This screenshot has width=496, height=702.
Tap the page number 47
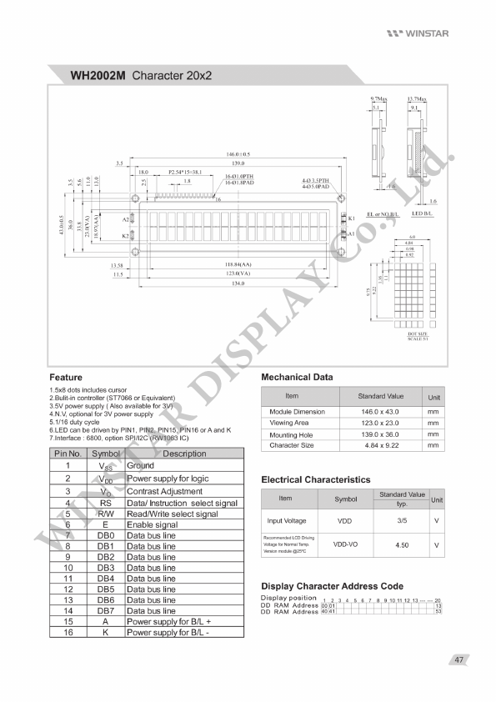click(x=458, y=660)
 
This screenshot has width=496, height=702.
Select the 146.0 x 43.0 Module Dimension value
click(x=380, y=412)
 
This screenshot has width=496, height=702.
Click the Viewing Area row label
click(x=288, y=423)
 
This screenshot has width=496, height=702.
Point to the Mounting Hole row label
click(x=291, y=434)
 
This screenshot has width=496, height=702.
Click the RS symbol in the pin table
click(x=106, y=504)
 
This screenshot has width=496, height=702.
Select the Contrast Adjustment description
click(x=164, y=492)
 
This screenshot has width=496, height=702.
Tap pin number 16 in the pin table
click(x=68, y=633)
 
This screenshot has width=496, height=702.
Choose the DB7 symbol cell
click(x=106, y=611)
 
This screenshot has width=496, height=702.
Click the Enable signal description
click(x=152, y=525)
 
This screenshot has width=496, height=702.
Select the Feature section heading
click(x=66, y=377)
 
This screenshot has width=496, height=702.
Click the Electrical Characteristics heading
click(x=315, y=479)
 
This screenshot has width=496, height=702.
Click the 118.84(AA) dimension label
click(x=237, y=264)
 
